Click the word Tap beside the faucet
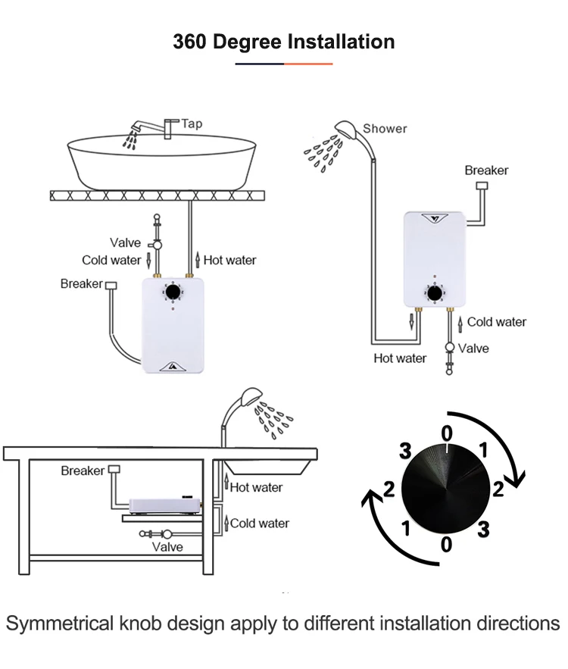click(x=192, y=123)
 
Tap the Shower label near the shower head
click(x=385, y=129)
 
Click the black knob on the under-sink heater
click(x=173, y=292)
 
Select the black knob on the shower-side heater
click(x=435, y=294)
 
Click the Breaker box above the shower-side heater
click(x=482, y=186)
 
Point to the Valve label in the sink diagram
click(x=126, y=242)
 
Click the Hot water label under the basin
click(x=229, y=260)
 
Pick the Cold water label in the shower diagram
click(x=497, y=322)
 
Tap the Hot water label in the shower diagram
click(x=400, y=358)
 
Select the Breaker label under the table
click(x=83, y=470)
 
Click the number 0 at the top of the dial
click(x=447, y=434)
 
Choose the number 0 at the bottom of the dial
click(x=446, y=545)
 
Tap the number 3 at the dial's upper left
click(x=405, y=451)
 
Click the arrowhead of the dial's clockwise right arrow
click(x=517, y=479)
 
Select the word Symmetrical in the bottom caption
click(x=60, y=624)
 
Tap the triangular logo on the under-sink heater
click(x=172, y=366)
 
